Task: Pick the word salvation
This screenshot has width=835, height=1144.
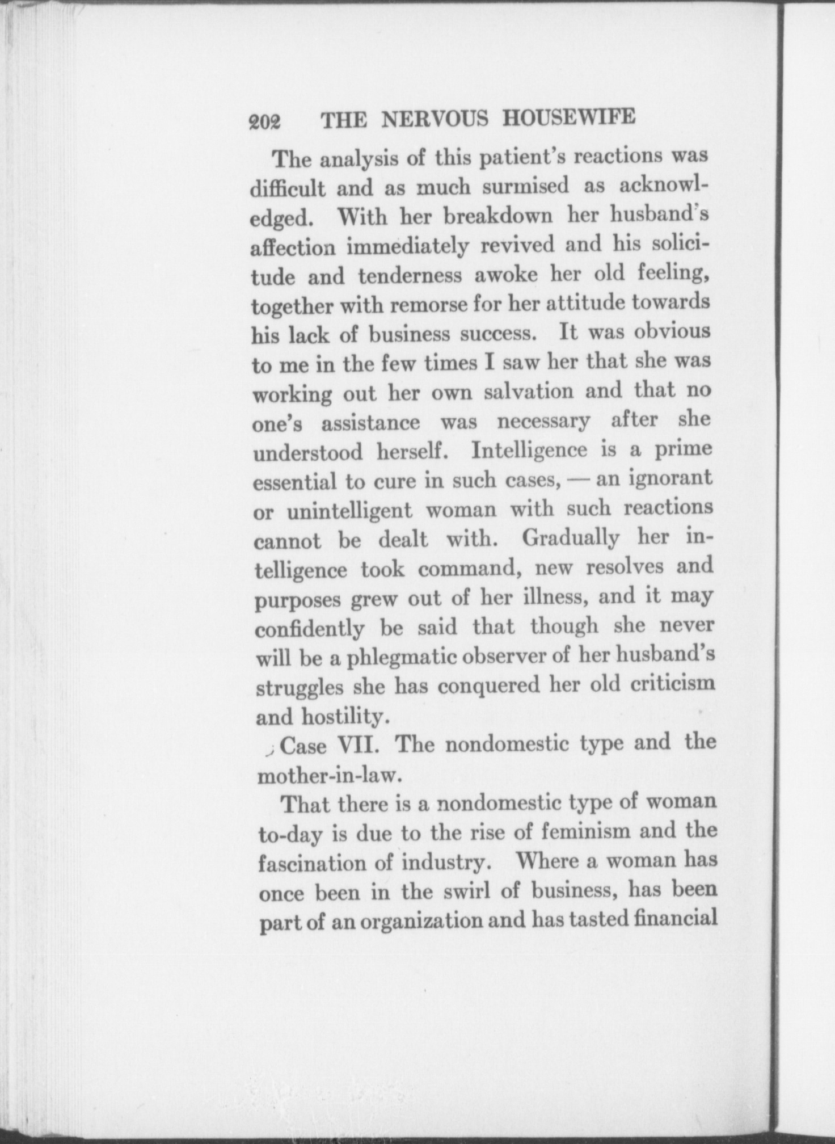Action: [528, 392]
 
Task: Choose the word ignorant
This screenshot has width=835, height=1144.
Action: [670, 478]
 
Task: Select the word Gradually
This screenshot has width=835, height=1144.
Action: [570, 537]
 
